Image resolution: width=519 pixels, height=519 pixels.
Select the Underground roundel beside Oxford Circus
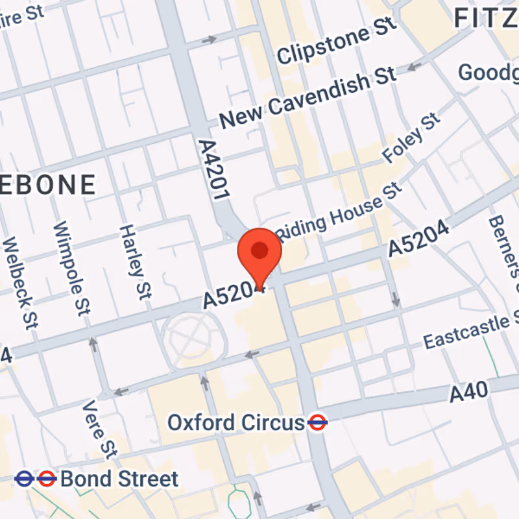pyautogui.click(x=317, y=423)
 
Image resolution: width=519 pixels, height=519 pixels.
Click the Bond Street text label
pyautogui.click(x=119, y=479)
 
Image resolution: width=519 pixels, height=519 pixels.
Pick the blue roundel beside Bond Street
pyautogui.click(x=24, y=479)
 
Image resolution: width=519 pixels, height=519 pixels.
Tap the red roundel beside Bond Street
pyautogui.click(x=46, y=479)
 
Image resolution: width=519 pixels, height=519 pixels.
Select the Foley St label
pyautogui.click(x=411, y=138)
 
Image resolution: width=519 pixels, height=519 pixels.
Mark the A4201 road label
pyautogui.click(x=215, y=171)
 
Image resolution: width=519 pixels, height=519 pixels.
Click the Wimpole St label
pyautogui.click(x=71, y=266)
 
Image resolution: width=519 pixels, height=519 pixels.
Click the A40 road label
pyautogui.click(x=468, y=392)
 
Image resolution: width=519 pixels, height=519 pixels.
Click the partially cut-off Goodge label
pyautogui.click(x=488, y=71)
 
